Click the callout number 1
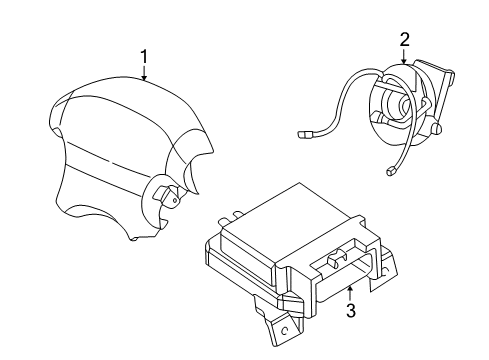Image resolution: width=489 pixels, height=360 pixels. [x=144, y=58]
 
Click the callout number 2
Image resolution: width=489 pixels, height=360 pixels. [x=404, y=40]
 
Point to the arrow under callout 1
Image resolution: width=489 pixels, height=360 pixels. [x=144, y=73]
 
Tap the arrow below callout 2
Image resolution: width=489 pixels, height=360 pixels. [x=404, y=58]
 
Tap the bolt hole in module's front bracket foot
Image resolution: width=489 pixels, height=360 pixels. [x=284, y=327]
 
